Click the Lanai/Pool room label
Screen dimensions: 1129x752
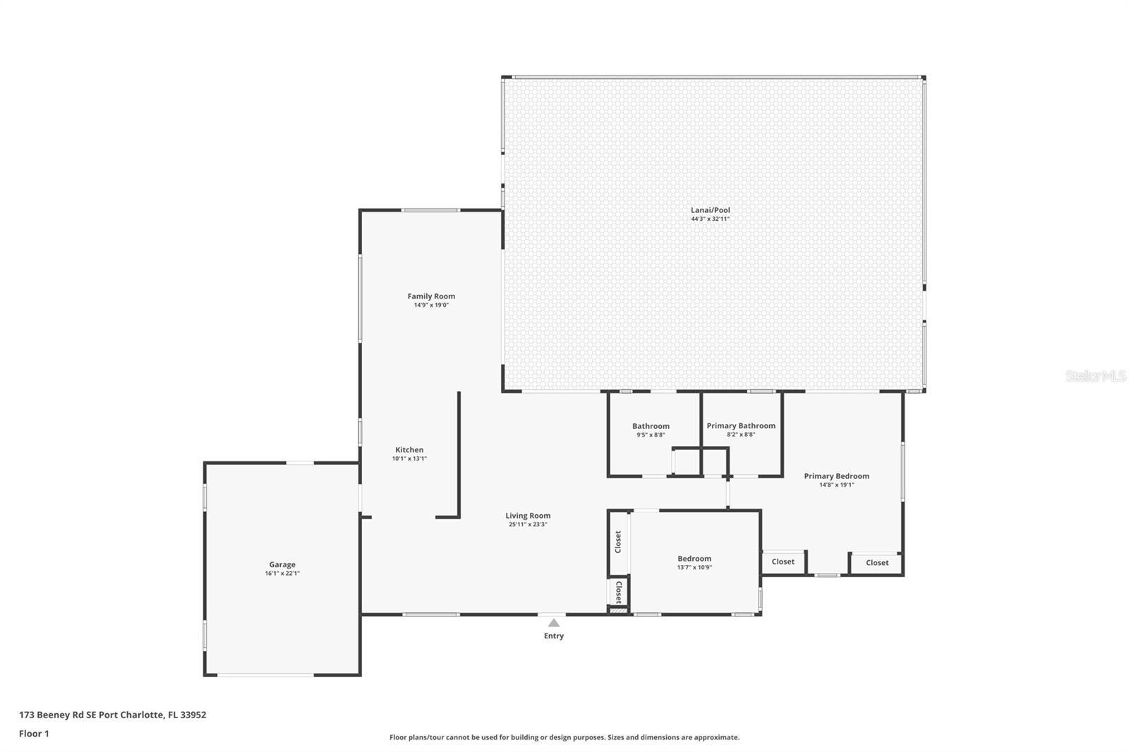point(710,210)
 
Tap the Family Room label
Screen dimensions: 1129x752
point(431,296)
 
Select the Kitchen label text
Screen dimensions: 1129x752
point(409,449)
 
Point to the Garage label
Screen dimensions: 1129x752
point(282,564)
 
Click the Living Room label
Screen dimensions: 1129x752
point(528,516)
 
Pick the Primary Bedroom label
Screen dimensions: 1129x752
point(837,476)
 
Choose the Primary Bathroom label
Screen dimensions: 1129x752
point(741,426)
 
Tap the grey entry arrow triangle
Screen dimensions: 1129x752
point(554,623)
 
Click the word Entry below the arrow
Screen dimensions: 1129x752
point(554,636)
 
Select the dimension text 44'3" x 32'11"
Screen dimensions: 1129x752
point(710,219)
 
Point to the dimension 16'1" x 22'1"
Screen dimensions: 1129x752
point(282,573)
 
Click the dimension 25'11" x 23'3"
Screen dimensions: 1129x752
point(528,524)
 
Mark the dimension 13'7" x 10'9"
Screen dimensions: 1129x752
point(694,568)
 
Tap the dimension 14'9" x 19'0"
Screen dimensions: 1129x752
point(431,305)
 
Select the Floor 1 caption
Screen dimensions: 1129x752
point(35,734)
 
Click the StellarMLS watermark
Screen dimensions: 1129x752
point(1096,376)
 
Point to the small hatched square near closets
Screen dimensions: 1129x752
point(618,611)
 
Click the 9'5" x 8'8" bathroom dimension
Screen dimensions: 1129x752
point(651,435)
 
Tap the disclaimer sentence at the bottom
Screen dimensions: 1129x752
point(564,737)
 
